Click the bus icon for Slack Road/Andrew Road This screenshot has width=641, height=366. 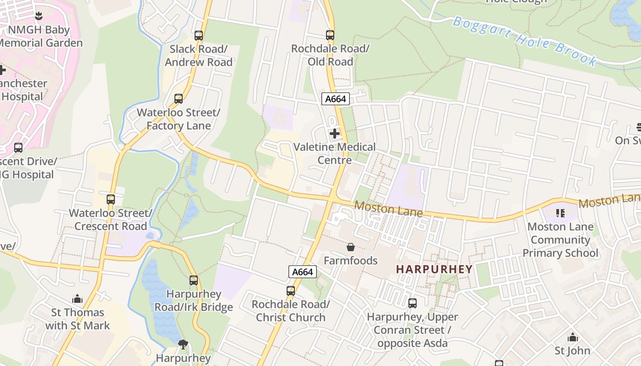click(x=199, y=35)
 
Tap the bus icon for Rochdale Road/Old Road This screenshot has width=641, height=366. click(x=330, y=35)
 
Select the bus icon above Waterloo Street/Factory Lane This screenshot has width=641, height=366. click(x=179, y=98)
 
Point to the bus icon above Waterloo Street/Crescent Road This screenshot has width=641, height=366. click(x=111, y=199)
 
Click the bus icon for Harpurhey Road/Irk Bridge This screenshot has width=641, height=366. click(x=194, y=280)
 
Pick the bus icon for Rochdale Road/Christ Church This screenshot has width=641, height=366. click(x=291, y=291)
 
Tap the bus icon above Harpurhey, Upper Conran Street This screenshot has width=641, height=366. click(x=413, y=303)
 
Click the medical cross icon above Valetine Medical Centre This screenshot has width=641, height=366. click(x=335, y=134)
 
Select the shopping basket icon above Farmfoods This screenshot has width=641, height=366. click(x=351, y=247)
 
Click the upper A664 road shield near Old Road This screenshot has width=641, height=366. click(x=336, y=99)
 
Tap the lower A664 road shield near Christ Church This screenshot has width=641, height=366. click(x=303, y=272)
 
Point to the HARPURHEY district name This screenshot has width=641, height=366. click(x=434, y=269)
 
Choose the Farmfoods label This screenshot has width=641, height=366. click(x=351, y=260)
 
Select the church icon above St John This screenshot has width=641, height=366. click(x=572, y=338)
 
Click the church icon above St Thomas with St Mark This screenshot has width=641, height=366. click(x=77, y=299)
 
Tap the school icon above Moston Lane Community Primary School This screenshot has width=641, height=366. click(x=560, y=213)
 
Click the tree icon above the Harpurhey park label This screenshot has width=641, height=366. click(x=183, y=344)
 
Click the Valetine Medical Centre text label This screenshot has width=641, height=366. click(x=335, y=153)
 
